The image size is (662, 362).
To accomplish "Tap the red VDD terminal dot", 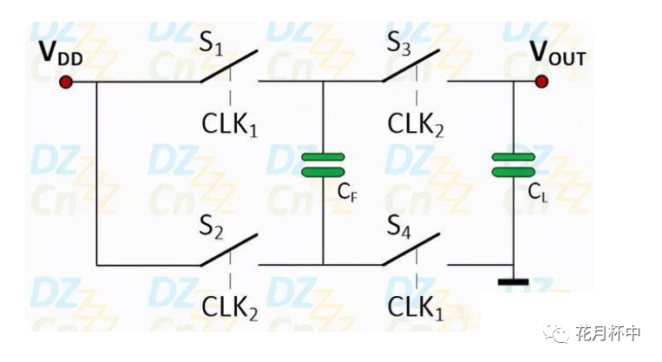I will (65, 82).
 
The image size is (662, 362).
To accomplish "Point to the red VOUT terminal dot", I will (542, 82).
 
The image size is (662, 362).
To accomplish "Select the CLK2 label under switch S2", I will (231, 306).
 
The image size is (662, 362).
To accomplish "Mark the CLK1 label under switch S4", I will (416, 306).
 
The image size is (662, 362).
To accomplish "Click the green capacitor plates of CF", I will (323, 164).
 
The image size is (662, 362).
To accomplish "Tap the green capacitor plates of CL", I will (513, 164).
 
